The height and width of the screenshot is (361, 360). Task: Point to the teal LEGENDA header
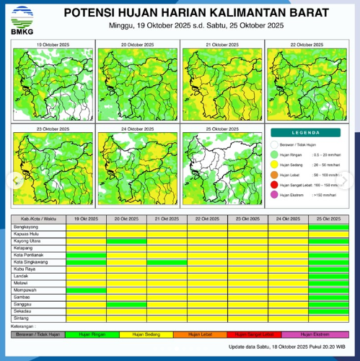[x=305, y=133]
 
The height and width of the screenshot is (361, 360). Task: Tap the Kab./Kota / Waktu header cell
[x=38, y=218]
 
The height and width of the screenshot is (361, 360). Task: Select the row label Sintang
[x=21, y=318]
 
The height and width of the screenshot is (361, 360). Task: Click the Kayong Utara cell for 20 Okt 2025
[x=126, y=241]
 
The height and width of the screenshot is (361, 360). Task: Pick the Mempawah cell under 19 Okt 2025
[x=86, y=290]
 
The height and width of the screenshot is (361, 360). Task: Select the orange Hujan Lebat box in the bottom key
[x=204, y=334]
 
